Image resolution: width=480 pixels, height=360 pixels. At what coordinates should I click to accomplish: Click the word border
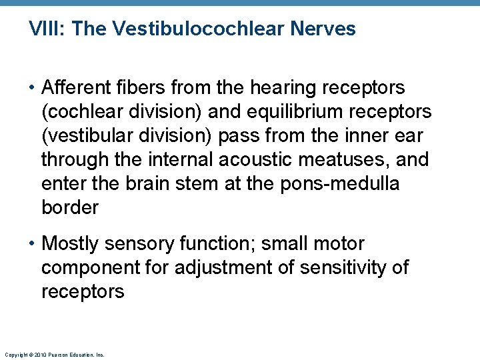[70, 208]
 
